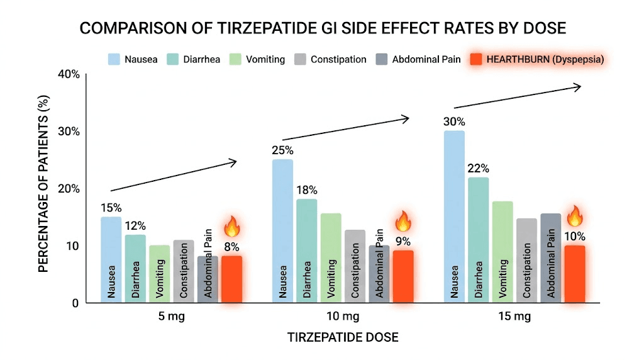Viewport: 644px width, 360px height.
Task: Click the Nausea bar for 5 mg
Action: click(x=111, y=259)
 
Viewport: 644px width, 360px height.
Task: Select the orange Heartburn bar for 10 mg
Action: click(x=403, y=276)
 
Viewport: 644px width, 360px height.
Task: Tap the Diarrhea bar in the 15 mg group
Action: click(x=479, y=240)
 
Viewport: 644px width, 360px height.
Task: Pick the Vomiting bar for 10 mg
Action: click(x=331, y=258)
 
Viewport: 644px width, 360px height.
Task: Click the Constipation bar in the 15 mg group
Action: click(x=527, y=260)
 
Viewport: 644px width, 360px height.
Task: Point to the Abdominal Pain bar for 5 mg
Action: click(x=208, y=279)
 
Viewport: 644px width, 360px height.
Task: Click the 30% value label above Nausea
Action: click(x=453, y=121)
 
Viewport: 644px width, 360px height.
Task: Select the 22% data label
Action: click(x=478, y=168)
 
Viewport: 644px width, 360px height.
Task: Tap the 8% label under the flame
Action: click(x=231, y=246)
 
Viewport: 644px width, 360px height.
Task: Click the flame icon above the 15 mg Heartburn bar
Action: click(x=575, y=217)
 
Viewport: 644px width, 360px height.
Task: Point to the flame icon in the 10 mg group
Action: click(x=402, y=222)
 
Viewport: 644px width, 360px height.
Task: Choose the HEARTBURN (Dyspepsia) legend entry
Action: click(x=539, y=60)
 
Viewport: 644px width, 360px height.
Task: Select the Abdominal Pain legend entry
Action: click(x=418, y=60)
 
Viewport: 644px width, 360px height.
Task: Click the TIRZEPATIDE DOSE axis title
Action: click(x=343, y=337)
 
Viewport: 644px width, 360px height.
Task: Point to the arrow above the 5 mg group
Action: click(x=174, y=176)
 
